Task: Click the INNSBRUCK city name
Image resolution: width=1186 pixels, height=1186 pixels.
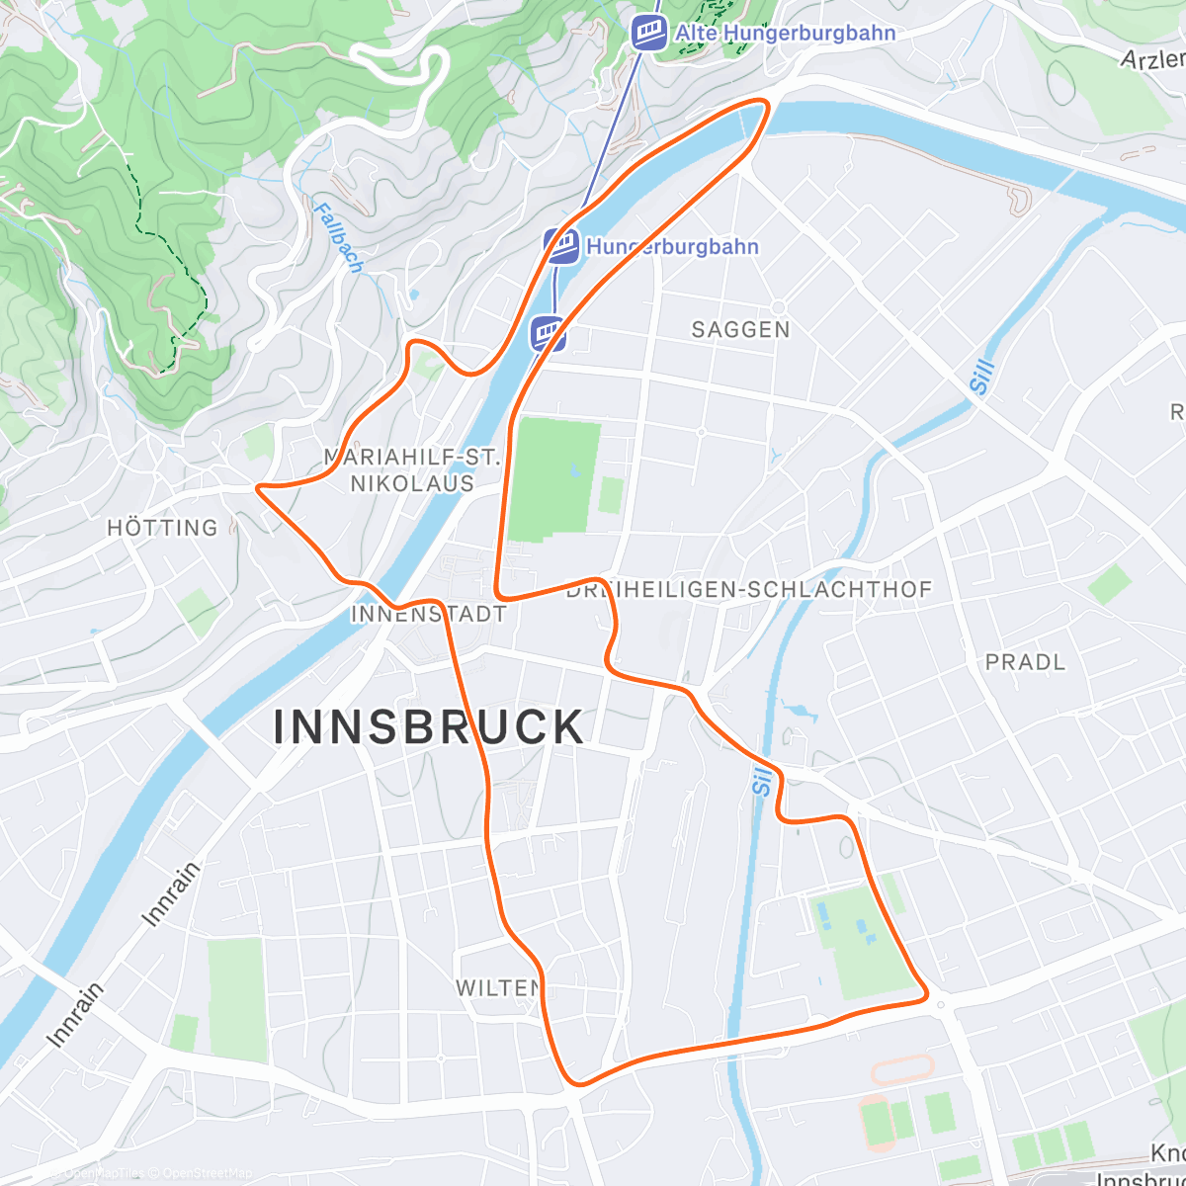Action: pos(429,728)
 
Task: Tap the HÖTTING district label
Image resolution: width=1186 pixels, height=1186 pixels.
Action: pos(162,528)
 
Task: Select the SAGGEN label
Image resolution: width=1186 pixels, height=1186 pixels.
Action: pos(740,330)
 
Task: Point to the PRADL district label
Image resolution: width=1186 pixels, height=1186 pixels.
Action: pos(1025,662)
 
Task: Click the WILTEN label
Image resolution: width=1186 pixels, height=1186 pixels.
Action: pos(498,987)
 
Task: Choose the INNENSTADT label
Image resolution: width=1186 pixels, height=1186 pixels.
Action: pos(428,614)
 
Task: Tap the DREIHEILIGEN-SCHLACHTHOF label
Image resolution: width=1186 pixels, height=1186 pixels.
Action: pos(749,590)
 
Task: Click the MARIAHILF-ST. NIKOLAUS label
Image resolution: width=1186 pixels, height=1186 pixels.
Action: pos(412,470)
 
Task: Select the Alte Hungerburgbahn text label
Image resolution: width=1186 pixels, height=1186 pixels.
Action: pos(785,34)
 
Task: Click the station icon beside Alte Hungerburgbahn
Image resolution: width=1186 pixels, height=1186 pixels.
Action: pos(648,33)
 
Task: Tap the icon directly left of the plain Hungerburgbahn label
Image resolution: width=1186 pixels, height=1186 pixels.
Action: pos(561,246)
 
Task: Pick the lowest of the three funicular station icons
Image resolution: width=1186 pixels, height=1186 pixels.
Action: pos(548,333)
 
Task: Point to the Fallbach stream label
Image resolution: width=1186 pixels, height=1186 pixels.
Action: pos(339,237)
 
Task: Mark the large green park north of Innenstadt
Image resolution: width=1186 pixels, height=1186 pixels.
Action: pos(555,479)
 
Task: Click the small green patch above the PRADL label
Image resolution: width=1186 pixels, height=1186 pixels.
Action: pos(1110,585)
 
